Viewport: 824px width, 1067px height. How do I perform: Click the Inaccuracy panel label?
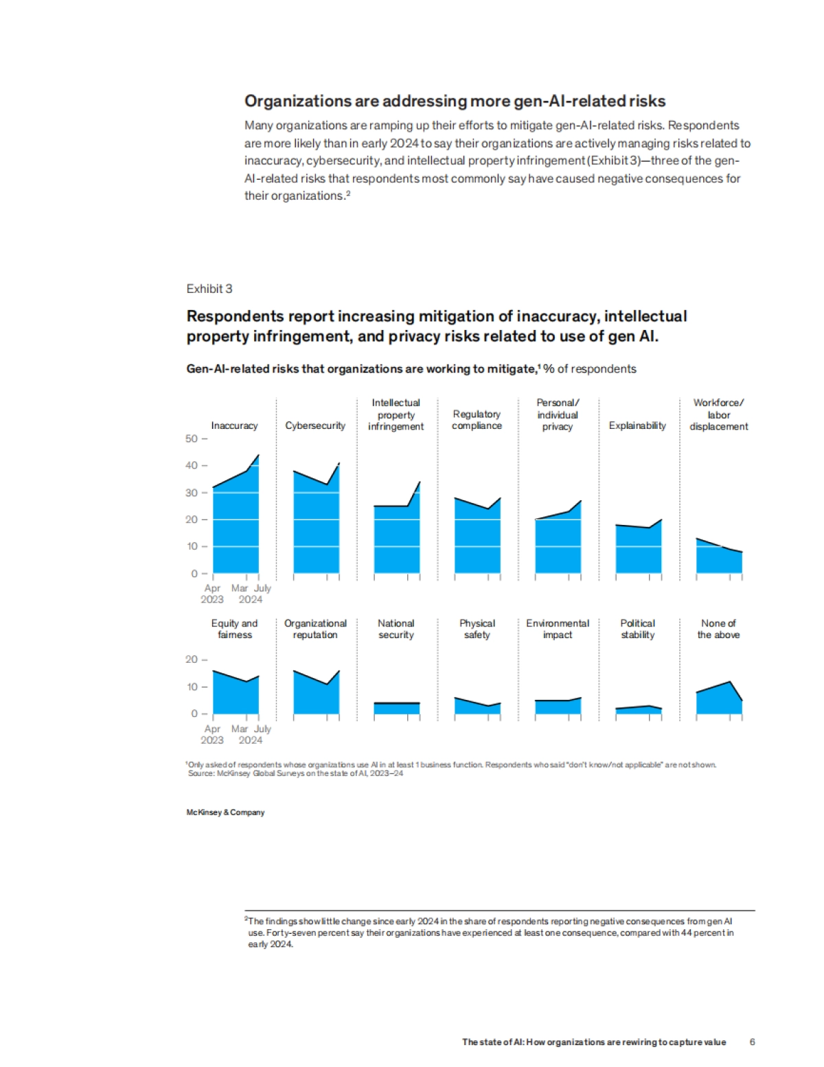tap(234, 425)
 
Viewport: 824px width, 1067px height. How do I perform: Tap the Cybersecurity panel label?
tap(315, 425)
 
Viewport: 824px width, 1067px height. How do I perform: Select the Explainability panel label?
tap(637, 425)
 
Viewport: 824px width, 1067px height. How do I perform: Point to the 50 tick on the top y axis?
tap(192, 438)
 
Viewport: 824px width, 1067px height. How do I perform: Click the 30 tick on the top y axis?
tap(192, 493)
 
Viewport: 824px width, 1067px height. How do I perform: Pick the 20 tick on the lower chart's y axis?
tap(192, 659)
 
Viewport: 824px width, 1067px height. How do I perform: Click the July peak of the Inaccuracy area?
tap(258, 456)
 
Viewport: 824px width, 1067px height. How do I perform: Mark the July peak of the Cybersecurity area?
tap(339, 464)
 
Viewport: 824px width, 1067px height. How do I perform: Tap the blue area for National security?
tap(396, 708)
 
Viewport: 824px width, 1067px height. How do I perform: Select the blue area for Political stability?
tap(638, 710)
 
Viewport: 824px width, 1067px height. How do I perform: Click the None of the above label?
tap(718, 629)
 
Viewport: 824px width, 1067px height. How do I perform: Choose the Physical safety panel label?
tap(477, 629)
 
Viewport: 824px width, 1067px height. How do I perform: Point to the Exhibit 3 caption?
tap(209, 289)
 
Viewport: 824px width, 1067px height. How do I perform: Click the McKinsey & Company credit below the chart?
tap(225, 812)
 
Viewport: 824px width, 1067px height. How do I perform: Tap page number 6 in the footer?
tap(752, 1042)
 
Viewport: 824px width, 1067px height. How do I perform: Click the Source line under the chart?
tap(295, 773)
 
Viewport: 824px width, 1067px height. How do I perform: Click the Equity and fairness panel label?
tap(234, 629)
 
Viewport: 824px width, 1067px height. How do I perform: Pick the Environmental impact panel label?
tap(558, 629)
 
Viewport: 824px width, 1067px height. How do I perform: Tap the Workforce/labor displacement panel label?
tap(718, 414)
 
